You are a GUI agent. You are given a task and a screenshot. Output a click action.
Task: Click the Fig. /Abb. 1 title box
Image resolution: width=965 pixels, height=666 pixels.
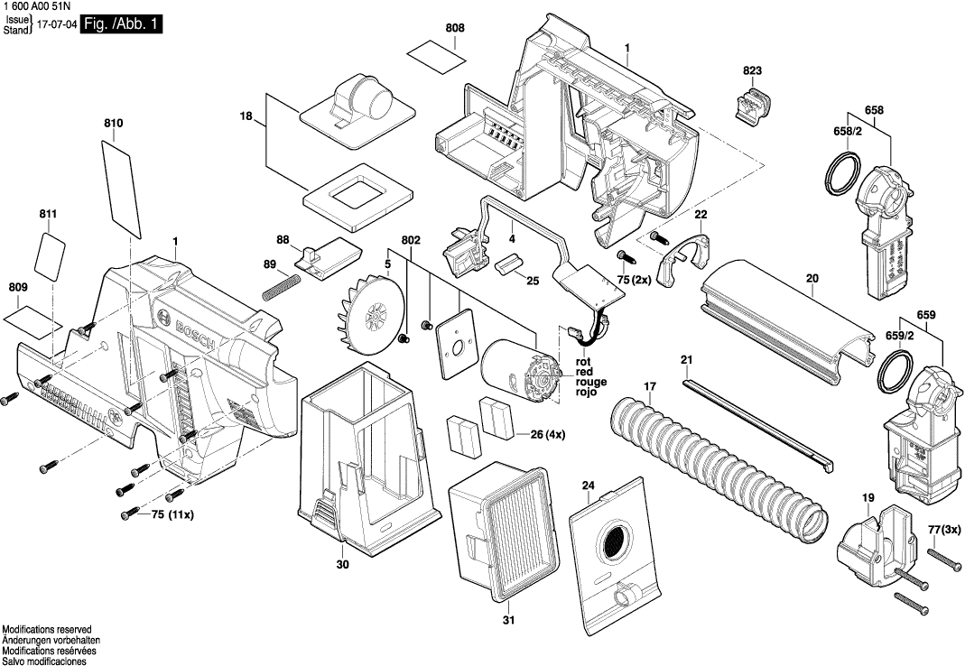(122, 25)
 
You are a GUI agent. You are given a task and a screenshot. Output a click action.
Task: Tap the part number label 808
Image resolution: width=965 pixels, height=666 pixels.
(455, 29)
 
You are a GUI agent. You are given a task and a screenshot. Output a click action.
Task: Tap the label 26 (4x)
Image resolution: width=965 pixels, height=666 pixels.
(547, 434)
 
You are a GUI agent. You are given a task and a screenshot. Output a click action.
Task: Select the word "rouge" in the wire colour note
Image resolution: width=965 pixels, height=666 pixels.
(591, 382)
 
